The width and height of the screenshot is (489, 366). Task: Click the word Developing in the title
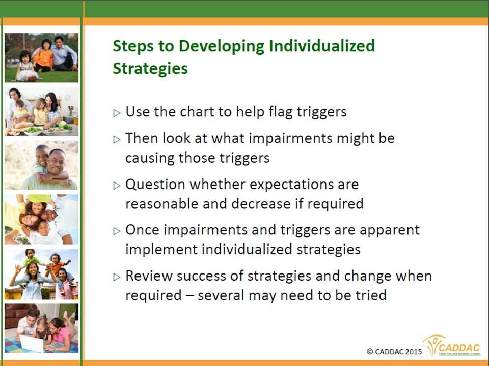222,47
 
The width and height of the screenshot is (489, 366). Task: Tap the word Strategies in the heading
150,69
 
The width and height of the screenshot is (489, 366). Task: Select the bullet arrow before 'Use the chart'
117,113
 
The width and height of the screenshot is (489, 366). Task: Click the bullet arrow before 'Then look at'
117,139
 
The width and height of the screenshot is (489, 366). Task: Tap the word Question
155,185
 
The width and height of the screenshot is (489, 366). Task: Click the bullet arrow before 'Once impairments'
117,231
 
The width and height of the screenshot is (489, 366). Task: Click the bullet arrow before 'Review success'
117,277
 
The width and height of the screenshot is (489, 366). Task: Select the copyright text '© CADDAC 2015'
394,352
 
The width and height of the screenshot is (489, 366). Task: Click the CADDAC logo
452,346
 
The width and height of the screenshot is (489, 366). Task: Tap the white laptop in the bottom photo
32,344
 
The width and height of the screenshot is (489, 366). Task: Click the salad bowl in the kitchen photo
33,130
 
